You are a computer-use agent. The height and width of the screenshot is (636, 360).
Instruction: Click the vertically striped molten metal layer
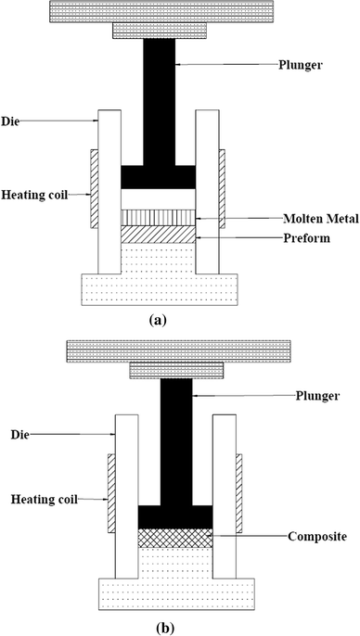pyautogui.click(x=159, y=218)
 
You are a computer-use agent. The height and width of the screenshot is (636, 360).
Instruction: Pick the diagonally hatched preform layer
pyautogui.click(x=159, y=235)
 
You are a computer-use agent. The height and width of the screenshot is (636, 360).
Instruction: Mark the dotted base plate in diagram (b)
pyautogui.click(x=175, y=591)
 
